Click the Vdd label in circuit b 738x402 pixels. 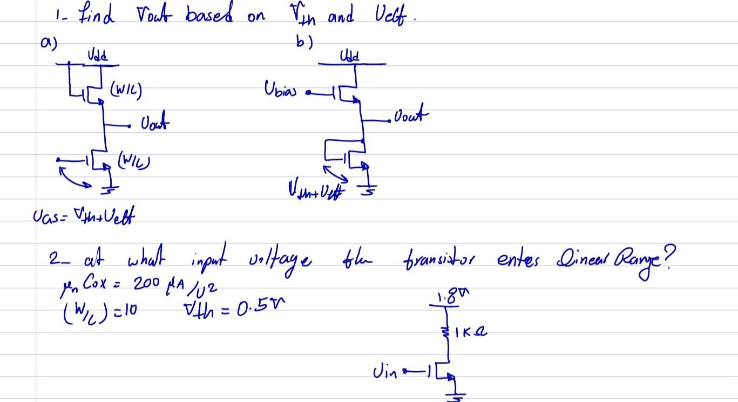pos(348,56)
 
